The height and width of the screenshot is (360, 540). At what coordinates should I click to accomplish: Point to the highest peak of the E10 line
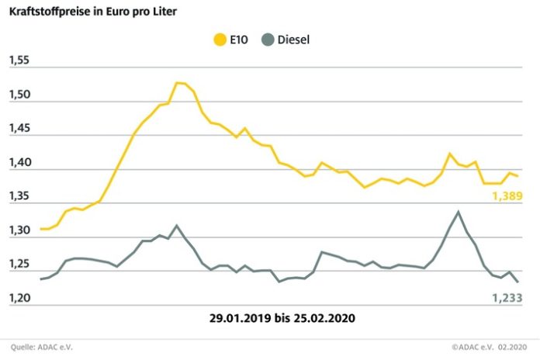(x=178, y=82)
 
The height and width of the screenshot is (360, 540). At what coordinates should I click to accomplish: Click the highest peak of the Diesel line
(x=458, y=211)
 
